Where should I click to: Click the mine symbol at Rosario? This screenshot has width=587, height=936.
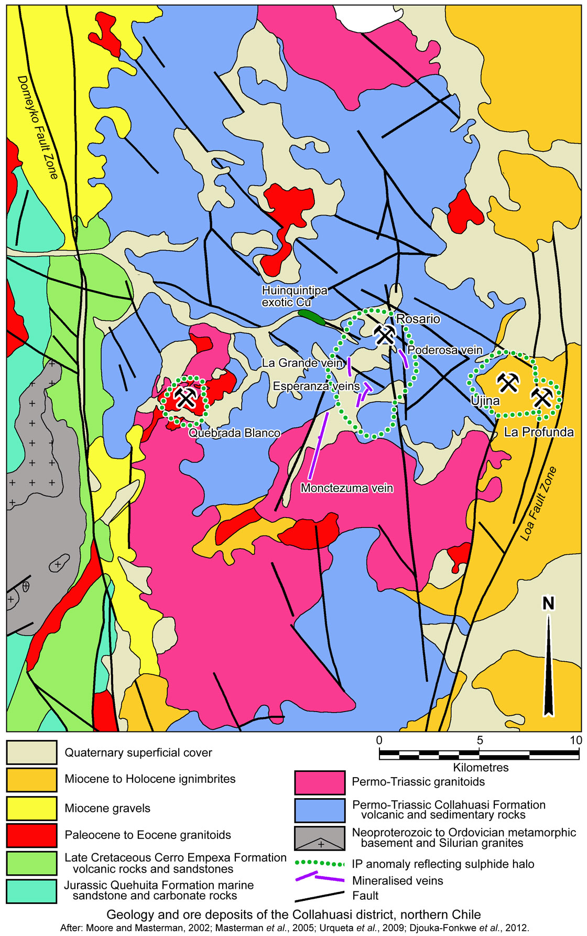pyautogui.click(x=385, y=334)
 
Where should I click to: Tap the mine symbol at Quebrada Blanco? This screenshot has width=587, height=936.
pyautogui.click(x=185, y=397)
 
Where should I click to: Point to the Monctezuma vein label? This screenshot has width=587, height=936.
pyautogui.click(x=346, y=488)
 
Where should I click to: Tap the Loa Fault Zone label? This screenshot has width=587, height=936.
pyautogui.click(x=538, y=503)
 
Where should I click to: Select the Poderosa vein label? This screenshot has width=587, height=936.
pyautogui.click(x=444, y=350)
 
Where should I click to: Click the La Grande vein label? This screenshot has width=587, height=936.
pyautogui.click(x=302, y=363)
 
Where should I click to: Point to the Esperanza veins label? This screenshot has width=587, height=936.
pyautogui.click(x=316, y=386)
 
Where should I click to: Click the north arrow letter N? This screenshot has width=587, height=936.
pyautogui.click(x=548, y=604)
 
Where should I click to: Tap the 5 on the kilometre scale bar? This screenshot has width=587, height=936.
pyautogui.click(x=480, y=740)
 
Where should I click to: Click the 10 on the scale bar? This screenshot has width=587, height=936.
pyautogui.click(x=575, y=740)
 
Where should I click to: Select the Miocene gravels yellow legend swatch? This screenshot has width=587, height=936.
pyautogui.click(x=31, y=808)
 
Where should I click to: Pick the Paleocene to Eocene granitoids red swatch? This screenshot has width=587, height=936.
pyautogui.click(x=31, y=835)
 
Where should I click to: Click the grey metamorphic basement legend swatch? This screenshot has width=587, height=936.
pyautogui.click(x=320, y=838)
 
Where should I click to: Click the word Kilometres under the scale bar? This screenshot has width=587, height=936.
pyautogui.click(x=481, y=767)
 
